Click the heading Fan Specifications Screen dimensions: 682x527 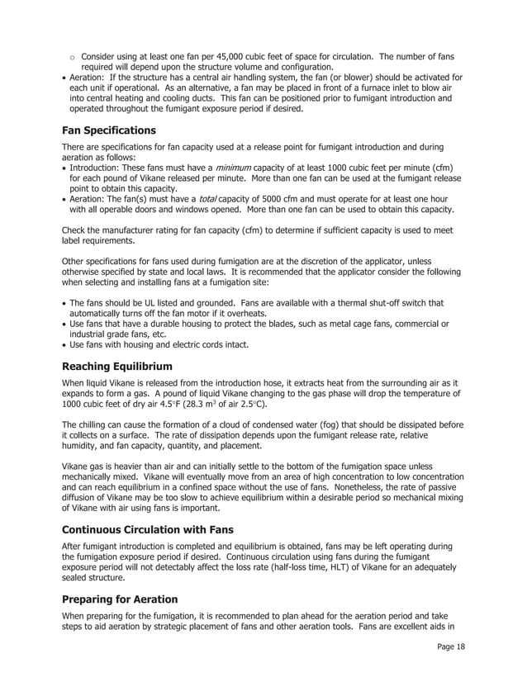coord(109,130)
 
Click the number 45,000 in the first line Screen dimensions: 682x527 coord(226,57)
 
